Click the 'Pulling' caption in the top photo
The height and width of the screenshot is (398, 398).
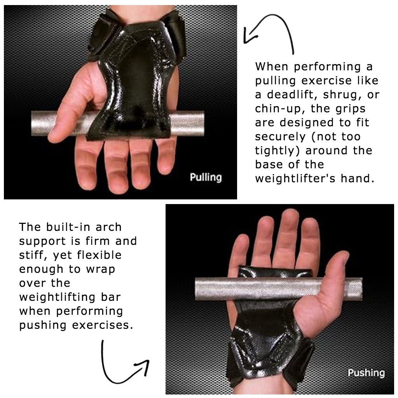click(206, 178)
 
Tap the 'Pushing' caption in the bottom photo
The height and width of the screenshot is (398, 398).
click(366, 373)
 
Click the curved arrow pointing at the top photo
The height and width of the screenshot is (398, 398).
click(268, 33)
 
